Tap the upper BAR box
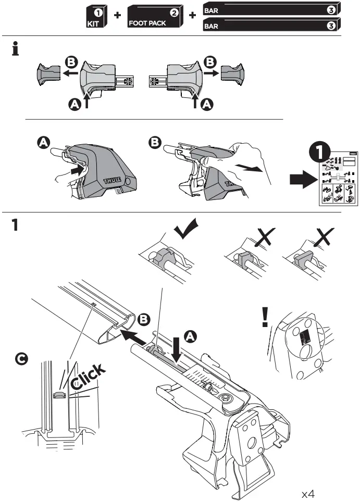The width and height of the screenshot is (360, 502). (271, 9)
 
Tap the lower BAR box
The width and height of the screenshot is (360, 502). (271, 24)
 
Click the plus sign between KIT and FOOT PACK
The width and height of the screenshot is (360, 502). (117, 16)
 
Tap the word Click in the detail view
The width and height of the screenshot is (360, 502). (89, 376)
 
